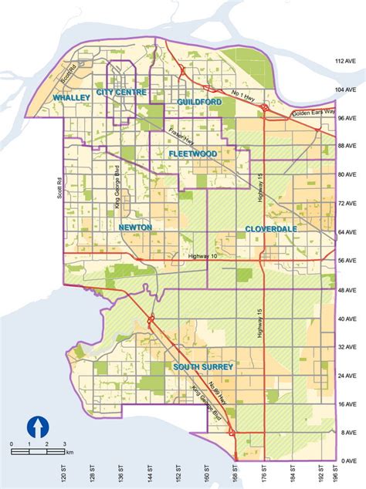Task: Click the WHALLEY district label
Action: (71, 97)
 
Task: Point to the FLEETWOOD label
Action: (193, 154)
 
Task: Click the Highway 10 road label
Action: (203, 256)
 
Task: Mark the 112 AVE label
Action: (351, 60)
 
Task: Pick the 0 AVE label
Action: (351, 460)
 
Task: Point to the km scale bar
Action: (39, 445)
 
